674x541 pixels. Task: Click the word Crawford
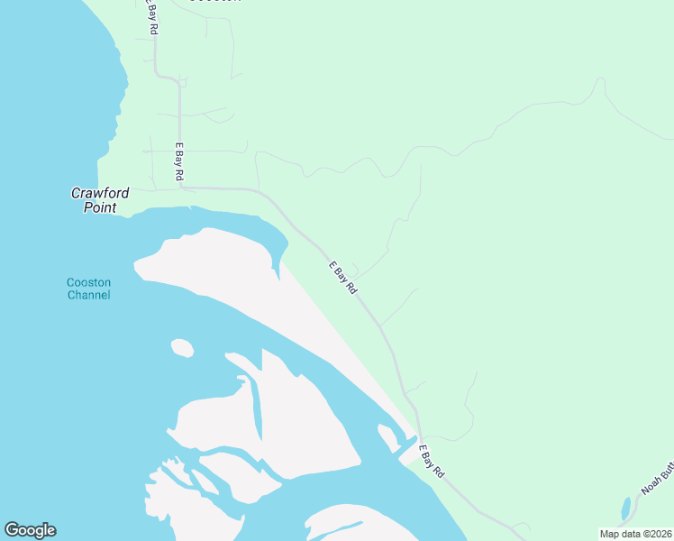point(100,193)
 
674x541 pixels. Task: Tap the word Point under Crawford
point(100,207)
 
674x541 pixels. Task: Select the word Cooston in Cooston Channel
point(88,282)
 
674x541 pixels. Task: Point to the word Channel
point(88,295)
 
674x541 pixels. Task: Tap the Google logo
point(30,530)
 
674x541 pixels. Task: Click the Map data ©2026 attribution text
point(635,534)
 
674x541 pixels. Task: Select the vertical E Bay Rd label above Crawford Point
point(179,160)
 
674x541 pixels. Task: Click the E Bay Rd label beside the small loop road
point(343,278)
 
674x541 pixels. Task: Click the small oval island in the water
point(182,347)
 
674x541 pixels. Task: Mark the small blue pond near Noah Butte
point(626,508)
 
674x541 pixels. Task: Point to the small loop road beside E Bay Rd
point(352,269)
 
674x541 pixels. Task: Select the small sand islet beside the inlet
point(387,438)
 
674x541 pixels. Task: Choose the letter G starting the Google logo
point(12,530)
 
